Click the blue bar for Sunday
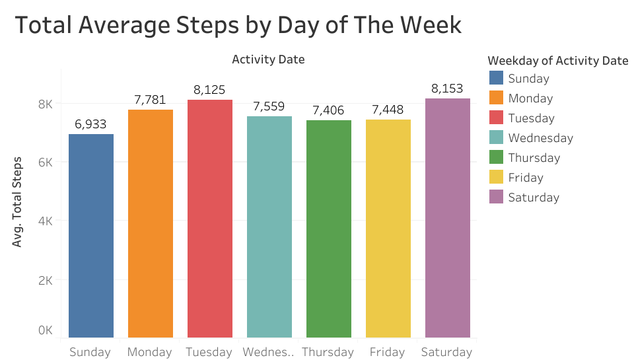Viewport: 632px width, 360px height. [91, 236]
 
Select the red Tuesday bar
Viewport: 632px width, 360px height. [210, 219]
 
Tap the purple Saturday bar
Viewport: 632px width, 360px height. [448, 218]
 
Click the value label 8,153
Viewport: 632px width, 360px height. [447, 89]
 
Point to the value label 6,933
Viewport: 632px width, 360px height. [90, 124]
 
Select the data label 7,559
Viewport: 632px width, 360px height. [269, 106]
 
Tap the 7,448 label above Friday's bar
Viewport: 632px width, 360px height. [388, 110]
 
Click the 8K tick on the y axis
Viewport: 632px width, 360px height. [45, 104]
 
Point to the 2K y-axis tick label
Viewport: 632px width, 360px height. [45, 280]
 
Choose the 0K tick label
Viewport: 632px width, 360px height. [45, 330]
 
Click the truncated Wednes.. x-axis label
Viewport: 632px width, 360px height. [268, 351]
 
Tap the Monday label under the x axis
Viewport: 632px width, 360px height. [150, 351]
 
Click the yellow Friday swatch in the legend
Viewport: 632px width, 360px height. [495, 177]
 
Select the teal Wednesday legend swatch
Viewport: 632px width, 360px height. [495, 137]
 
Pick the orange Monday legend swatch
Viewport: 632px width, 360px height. [495, 98]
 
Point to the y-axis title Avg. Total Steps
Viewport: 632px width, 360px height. [18, 201]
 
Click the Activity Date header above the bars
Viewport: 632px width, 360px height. [268, 59]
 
